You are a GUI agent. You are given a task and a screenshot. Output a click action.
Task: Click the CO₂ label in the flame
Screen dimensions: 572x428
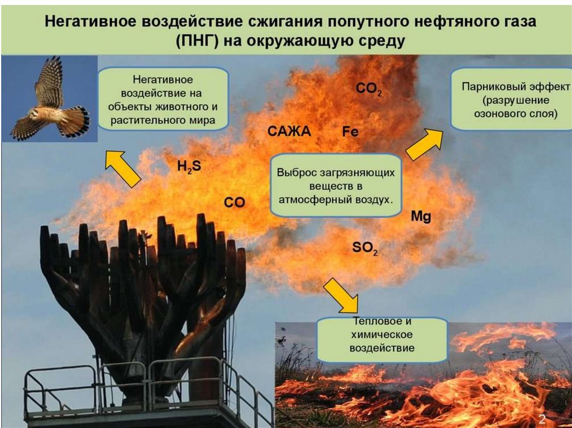[369, 89]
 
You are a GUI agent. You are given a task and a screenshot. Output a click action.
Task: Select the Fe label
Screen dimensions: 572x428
[350, 132]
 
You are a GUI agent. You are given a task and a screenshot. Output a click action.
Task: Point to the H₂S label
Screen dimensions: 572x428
[189, 166]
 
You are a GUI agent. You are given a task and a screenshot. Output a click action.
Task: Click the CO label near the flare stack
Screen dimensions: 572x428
[235, 203]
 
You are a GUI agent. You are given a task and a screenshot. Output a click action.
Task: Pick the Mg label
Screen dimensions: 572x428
[421, 217]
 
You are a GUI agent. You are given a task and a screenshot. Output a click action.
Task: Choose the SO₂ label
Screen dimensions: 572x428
[365, 248]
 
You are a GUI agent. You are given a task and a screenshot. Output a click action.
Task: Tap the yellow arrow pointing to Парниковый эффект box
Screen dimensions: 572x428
[424, 143]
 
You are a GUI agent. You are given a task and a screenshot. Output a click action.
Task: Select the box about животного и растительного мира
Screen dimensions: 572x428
[164, 99]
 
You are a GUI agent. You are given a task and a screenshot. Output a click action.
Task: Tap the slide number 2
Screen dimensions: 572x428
[541, 419]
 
